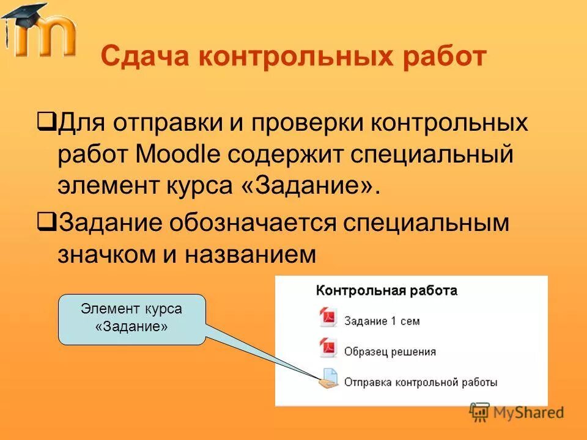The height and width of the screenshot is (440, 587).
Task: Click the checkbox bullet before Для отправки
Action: [46, 120]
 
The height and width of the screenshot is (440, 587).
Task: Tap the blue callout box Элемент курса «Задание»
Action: [131, 318]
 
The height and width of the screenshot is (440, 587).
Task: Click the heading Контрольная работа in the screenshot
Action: [386, 291]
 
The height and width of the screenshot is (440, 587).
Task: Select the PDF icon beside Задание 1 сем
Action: [328, 318]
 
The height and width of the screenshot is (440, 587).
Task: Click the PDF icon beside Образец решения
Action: [328, 349]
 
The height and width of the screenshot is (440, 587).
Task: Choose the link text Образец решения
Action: [389, 351]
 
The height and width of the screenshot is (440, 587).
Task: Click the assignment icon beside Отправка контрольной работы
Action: [328, 380]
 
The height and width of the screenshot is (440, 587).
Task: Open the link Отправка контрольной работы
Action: [420, 383]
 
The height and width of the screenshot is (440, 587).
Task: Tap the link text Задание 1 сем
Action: [382, 321]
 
